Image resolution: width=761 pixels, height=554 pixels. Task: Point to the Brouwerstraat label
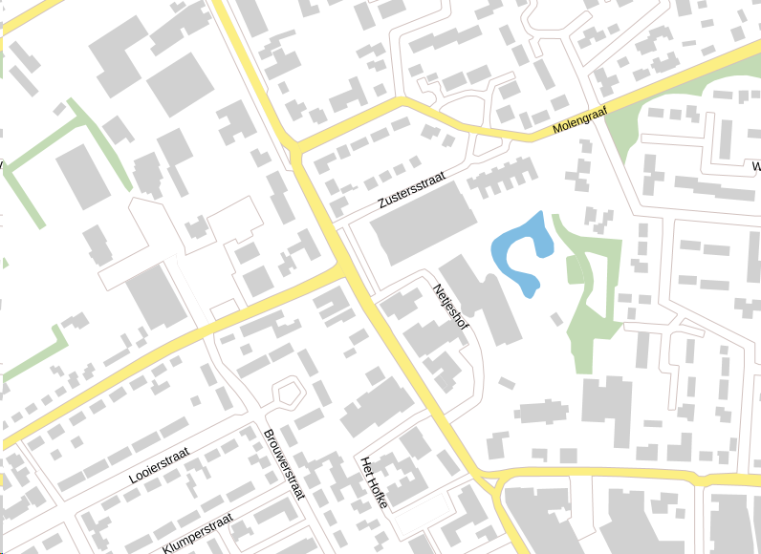pos(283,465)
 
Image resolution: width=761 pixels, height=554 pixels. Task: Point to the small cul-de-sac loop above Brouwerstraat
pos(287,391)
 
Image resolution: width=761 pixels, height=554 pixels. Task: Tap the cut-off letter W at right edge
pos(755,166)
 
